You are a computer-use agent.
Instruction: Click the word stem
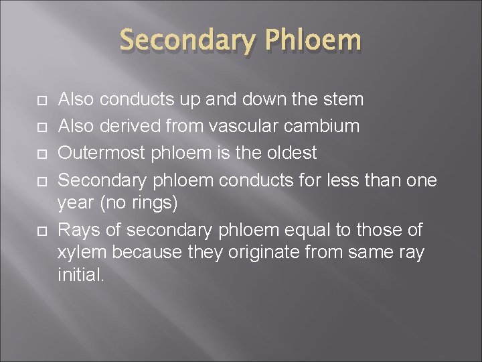click(343, 100)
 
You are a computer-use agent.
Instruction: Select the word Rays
click(80, 231)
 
